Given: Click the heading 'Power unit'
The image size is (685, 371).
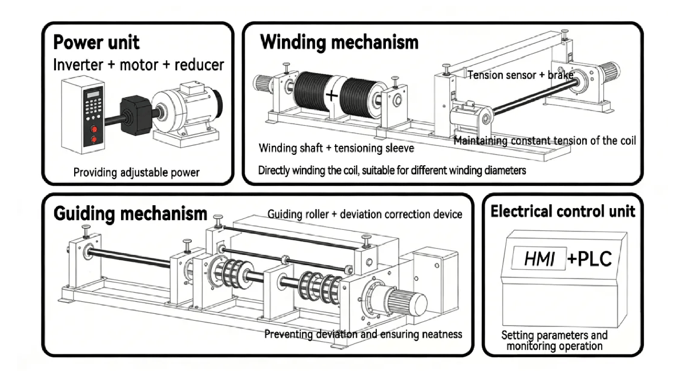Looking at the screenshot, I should [96, 42].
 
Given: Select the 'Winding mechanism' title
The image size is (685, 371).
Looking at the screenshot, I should [339, 42].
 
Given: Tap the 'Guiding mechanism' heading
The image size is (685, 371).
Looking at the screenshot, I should [130, 214].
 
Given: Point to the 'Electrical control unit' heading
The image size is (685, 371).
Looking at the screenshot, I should [563, 212].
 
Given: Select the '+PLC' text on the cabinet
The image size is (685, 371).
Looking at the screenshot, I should [590, 259].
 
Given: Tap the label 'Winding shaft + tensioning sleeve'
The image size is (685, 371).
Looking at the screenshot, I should [336, 149].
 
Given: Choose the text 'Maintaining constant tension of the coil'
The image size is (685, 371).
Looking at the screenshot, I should [545, 140].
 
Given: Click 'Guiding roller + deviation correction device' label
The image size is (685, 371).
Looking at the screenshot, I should [365, 214].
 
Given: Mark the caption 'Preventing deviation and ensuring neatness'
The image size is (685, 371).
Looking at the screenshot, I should [363, 334].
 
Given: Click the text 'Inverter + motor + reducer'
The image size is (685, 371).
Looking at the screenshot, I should [138, 64].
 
